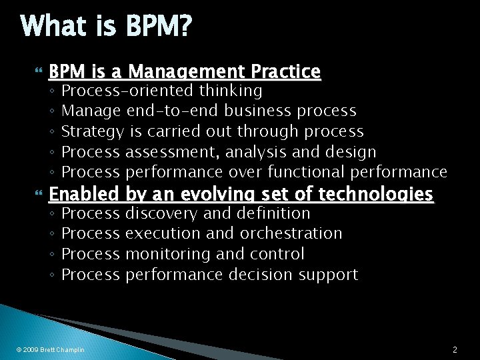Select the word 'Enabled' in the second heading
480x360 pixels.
click(x=85, y=194)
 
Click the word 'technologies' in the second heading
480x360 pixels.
click(x=376, y=194)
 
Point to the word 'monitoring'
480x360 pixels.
click(x=167, y=254)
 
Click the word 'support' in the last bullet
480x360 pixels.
click(x=328, y=275)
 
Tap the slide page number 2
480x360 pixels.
click(x=454, y=349)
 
